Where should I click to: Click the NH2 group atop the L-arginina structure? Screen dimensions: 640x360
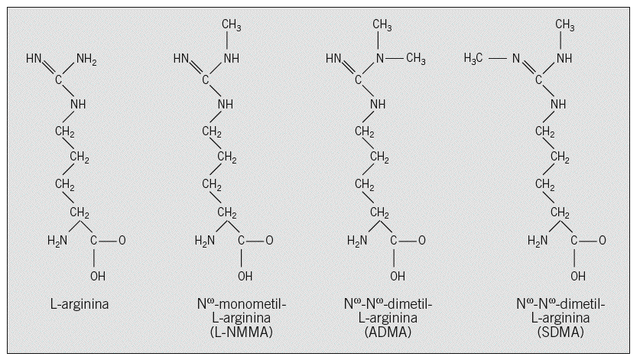(87, 58)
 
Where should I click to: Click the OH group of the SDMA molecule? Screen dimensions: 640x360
(578, 275)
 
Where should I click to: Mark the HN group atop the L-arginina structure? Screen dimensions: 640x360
(34, 58)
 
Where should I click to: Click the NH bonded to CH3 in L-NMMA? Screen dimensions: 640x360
(232, 58)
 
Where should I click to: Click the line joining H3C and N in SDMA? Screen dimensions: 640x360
(498, 58)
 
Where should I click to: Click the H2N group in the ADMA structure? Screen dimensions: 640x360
(357, 242)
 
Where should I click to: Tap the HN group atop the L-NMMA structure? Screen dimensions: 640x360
(181, 58)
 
